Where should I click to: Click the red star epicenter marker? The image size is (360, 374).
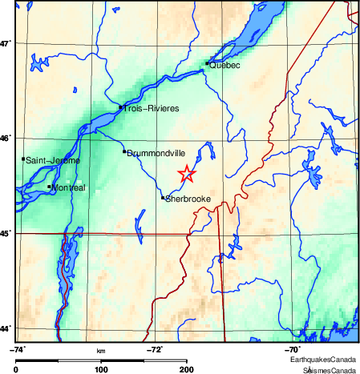point(186,174)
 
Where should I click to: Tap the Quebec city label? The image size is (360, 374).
point(224,66)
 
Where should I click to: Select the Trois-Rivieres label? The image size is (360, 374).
point(150,108)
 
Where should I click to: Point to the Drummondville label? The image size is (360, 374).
point(156,153)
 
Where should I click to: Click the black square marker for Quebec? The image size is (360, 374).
point(207,62)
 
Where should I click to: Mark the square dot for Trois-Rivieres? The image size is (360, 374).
point(120,107)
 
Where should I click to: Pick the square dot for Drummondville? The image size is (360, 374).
point(124,151)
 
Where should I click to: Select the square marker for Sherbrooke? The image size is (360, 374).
point(163,197)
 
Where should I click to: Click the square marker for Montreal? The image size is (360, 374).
point(50,187)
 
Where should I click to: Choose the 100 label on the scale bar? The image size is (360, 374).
point(101,369)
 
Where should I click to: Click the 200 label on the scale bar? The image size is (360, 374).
point(187,369)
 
